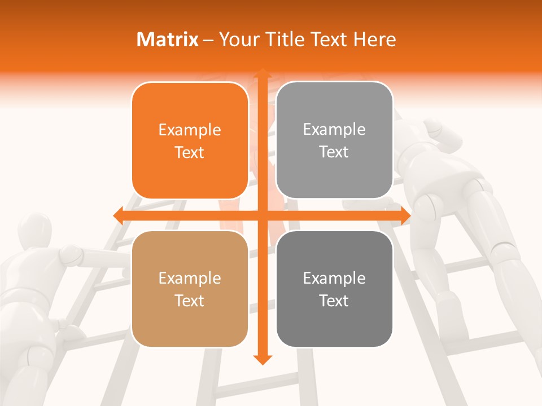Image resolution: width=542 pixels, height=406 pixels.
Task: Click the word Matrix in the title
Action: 168,39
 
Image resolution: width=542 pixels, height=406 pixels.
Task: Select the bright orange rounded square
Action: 190,140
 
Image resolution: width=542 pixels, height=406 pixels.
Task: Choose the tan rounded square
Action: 190,289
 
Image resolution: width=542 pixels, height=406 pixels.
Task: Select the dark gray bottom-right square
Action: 334,289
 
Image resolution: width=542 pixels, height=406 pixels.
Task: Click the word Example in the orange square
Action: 190,130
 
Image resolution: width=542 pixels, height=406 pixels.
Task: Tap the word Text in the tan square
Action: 190,301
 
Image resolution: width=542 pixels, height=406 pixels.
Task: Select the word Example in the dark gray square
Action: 334,278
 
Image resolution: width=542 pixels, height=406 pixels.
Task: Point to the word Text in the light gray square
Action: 334,152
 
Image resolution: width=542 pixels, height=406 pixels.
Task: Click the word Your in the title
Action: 237,39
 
